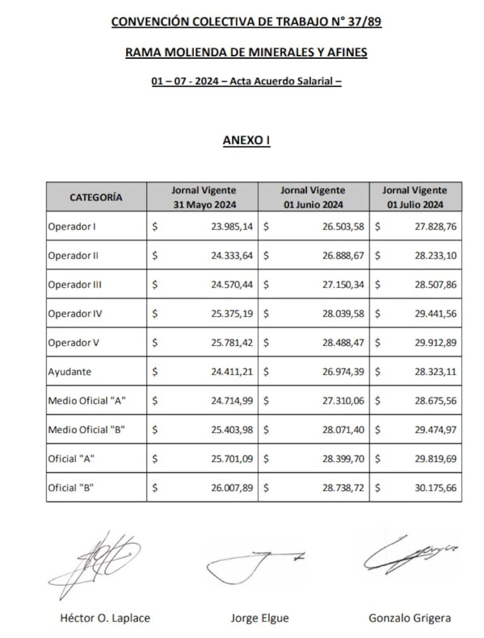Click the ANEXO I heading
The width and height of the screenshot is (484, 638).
click(x=246, y=140)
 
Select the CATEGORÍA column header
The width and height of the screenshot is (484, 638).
click(x=96, y=197)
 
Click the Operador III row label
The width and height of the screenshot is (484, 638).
click(x=74, y=284)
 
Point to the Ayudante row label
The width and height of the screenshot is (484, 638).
click(x=70, y=372)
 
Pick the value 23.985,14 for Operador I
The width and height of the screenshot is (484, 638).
click(x=232, y=227)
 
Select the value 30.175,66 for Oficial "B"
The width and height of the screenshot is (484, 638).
click(x=436, y=487)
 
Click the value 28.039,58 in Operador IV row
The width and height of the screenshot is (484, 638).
click(x=343, y=314)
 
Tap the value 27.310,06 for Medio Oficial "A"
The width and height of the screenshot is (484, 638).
click(x=343, y=401)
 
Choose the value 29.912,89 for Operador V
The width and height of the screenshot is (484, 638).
click(x=436, y=343)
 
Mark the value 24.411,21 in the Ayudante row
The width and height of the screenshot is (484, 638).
click(x=232, y=372)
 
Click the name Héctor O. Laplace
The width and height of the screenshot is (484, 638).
click(x=105, y=618)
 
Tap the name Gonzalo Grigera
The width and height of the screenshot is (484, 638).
click(x=410, y=618)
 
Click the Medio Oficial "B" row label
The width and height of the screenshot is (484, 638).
click(x=87, y=430)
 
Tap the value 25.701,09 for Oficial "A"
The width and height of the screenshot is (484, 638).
click(x=232, y=458)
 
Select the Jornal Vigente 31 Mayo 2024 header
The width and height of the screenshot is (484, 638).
click(x=203, y=197)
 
